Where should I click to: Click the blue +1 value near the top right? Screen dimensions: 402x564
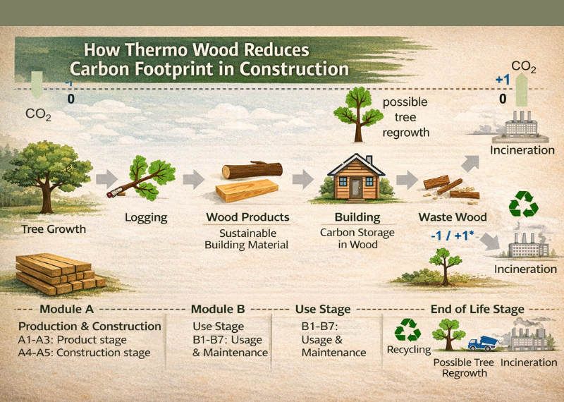pyautogui.click(x=503, y=80)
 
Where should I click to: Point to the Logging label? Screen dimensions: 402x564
pyautogui.click(x=146, y=217)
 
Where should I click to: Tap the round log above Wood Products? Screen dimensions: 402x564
pyautogui.click(x=252, y=171)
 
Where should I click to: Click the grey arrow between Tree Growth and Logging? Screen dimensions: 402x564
pyautogui.click(x=106, y=179)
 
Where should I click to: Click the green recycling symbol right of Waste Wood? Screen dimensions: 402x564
pyautogui.click(x=523, y=204)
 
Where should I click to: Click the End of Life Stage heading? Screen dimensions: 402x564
pyautogui.click(x=477, y=309)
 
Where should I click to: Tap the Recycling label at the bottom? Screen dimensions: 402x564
pyautogui.click(x=408, y=350)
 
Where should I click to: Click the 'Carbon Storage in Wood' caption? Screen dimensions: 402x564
pyautogui.click(x=357, y=238)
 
